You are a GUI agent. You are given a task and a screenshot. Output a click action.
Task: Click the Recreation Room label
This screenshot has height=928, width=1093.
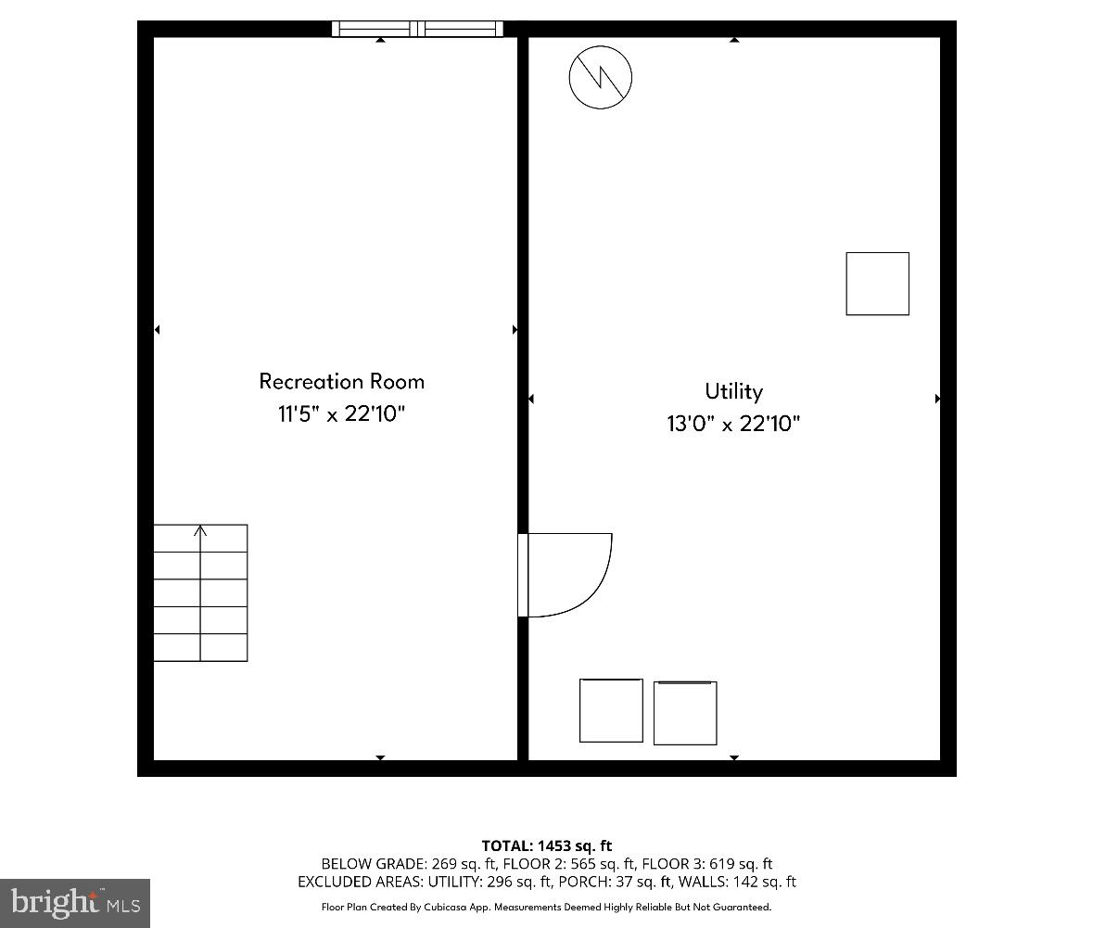(341, 381)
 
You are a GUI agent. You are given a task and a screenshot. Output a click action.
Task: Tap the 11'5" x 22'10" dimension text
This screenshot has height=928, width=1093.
(341, 413)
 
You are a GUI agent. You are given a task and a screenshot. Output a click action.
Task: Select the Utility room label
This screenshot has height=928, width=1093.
(733, 391)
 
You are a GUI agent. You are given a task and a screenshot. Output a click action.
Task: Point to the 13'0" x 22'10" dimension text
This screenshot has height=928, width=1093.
(733, 425)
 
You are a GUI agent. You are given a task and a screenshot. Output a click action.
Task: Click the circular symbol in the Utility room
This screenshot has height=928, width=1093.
(600, 75)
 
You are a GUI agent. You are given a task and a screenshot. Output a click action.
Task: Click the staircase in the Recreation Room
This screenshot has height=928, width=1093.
(200, 593)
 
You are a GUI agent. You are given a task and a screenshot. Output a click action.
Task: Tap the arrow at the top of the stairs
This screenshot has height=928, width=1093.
(200, 531)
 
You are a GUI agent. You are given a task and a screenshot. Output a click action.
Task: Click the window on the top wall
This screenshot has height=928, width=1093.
(417, 29)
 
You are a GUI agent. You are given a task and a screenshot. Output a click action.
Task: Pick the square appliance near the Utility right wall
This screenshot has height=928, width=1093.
(877, 284)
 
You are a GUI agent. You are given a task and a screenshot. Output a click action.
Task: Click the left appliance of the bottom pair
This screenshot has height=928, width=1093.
(611, 710)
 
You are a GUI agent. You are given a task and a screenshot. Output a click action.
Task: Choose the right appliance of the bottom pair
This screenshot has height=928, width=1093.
(685, 713)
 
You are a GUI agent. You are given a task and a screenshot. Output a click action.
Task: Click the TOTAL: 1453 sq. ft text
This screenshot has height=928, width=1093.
(547, 845)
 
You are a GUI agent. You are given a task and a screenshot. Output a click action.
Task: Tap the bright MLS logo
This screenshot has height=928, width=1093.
(75, 902)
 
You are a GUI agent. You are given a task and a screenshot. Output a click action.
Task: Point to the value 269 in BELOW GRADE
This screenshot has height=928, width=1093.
(445, 864)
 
